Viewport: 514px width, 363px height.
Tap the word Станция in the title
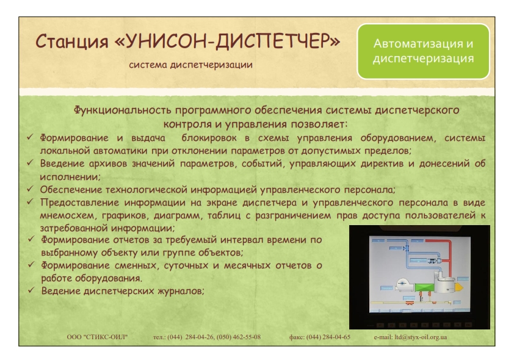pos(72,42)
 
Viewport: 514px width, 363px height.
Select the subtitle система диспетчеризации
pos(191,65)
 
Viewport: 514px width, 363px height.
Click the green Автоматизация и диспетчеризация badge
pos(423,51)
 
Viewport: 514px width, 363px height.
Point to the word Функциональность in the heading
pos(122,110)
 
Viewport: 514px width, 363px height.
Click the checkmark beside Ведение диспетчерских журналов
pos(31,290)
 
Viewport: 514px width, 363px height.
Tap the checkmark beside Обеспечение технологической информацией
pos(30,189)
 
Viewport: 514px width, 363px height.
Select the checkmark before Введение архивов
pos(30,162)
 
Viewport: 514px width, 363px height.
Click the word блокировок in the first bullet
pos(209,138)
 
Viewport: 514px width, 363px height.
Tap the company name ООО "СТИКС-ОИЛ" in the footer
pos(97,337)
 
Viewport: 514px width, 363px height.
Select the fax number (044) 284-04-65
pos(328,337)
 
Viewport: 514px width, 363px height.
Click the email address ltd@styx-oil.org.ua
pos(421,337)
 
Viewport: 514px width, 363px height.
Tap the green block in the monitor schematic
pos(424,287)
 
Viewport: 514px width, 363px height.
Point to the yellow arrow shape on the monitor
pos(459,287)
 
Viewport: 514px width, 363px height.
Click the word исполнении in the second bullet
pos(70,177)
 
